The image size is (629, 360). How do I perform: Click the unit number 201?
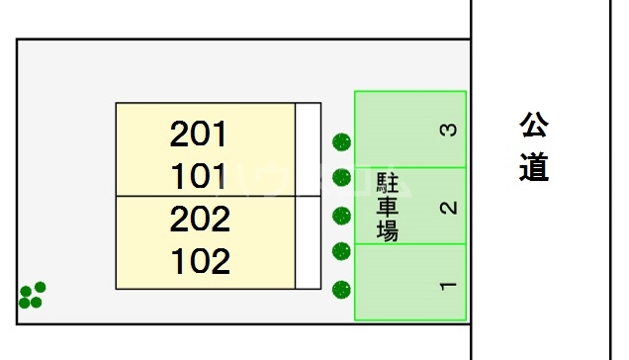point(199,133)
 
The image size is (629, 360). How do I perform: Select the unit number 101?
point(199,177)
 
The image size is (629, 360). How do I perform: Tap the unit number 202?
point(199,218)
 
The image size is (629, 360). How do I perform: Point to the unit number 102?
point(199,261)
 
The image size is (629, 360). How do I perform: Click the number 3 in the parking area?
point(448,130)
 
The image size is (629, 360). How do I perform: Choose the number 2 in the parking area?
point(448,207)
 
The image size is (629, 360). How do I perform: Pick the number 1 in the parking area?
point(448,286)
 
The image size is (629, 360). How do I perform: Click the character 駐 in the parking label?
point(388,183)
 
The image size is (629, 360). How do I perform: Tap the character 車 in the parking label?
point(388,208)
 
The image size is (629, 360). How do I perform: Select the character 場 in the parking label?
point(388,232)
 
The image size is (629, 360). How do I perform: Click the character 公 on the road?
point(534,127)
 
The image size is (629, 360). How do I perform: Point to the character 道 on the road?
point(534,167)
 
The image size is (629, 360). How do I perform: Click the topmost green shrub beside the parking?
point(341,142)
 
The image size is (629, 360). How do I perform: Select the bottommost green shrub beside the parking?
point(341,289)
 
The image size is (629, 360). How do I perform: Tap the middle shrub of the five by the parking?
point(341,216)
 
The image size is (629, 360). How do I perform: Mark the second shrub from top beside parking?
point(341,178)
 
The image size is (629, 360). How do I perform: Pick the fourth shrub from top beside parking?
point(341,251)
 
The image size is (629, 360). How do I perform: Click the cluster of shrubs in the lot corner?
point(32,295)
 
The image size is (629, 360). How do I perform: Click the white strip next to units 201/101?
point(309,149)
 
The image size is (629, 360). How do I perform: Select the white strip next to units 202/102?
point(309,242)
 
